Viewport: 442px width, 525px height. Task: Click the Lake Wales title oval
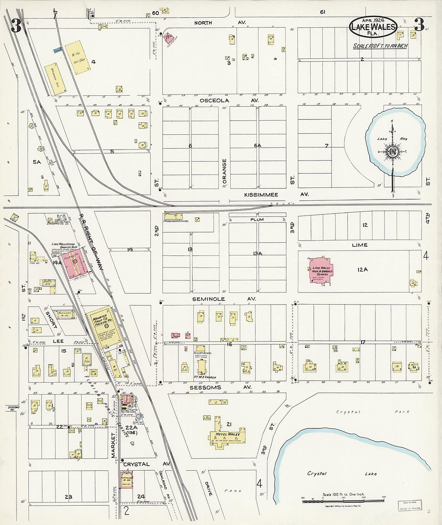(x=373, y=27)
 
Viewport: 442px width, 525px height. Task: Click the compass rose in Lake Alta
(x=392, y=151)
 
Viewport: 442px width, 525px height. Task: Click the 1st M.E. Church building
(x=202, y=366)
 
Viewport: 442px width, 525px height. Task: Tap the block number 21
(x=229, y=424)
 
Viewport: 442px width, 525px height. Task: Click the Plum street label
(x=257, y=220)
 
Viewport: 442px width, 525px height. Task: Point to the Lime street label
(x=359, y=245)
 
